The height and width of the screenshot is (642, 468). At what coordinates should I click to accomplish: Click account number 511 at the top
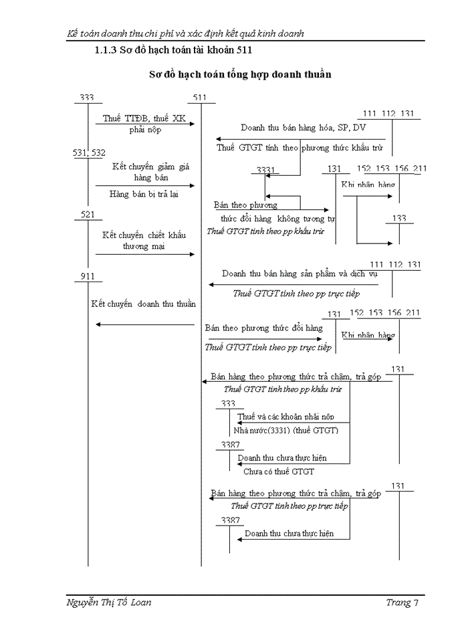coord(199,98)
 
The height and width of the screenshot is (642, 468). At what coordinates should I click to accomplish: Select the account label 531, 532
coord(89,153)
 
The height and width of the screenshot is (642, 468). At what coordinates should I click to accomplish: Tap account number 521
coord(88,214)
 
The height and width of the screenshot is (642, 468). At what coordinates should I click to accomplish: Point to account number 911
coord(88,276)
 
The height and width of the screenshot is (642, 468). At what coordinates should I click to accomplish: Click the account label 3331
coord(266,171)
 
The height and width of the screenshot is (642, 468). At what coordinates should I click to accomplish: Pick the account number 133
coord(399,218)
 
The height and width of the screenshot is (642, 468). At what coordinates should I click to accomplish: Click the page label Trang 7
coord(402,603)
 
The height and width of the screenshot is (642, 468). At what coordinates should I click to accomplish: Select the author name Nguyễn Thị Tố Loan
coord(110,603)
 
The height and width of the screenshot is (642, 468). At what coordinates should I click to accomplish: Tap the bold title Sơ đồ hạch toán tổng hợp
coord(240,74)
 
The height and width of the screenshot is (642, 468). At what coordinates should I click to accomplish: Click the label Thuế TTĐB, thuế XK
coord(144,118)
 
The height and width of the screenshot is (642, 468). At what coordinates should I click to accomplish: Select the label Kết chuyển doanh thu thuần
coord(144,304)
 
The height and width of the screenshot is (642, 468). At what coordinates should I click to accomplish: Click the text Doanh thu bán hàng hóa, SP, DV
coord(304,127)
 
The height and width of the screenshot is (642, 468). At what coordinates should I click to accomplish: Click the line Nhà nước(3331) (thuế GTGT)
coord(286,430)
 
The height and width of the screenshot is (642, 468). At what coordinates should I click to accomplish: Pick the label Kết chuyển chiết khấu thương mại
coord(144,240)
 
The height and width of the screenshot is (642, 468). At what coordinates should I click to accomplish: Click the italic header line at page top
coord(187,33)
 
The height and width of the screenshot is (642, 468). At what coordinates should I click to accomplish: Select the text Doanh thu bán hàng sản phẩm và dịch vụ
coord(300,274)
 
